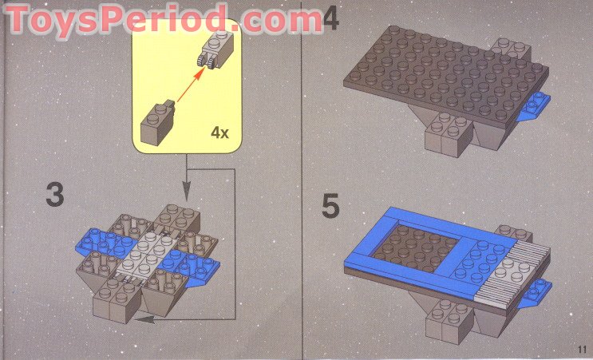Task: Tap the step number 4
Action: (330, 18)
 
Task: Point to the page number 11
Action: (579, 347)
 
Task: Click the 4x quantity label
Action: (219, 133)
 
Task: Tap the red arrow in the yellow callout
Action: (188, 87)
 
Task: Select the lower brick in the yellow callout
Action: (157, 125)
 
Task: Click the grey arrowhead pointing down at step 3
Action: (187, 192)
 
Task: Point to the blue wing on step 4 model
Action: (534, 108)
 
